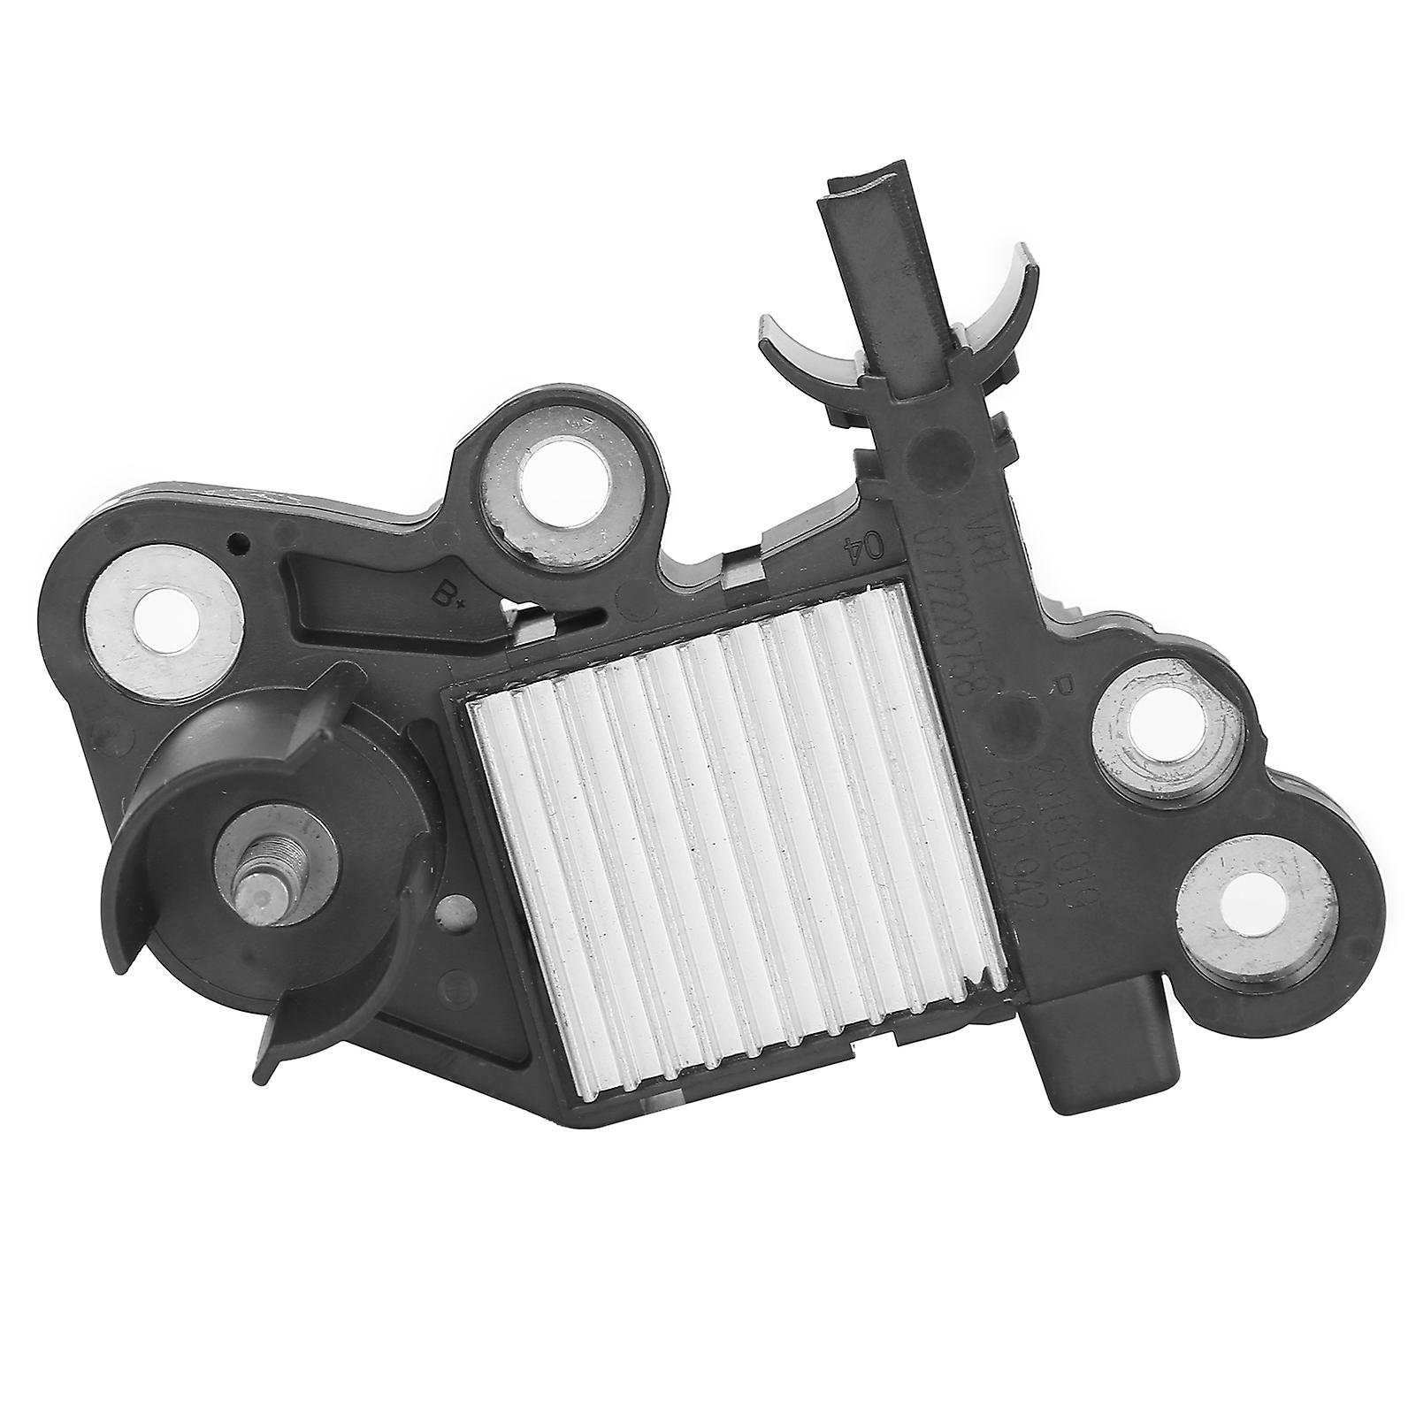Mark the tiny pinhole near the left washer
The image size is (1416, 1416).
tap(234, 541)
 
